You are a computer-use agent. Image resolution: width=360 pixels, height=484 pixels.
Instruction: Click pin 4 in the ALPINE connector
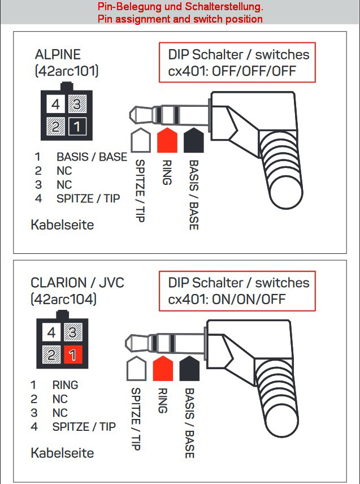pyautogui.click(x=55, y=105)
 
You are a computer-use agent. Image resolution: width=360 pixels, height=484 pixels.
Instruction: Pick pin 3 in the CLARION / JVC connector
pyautogui.click(x=73, y=332)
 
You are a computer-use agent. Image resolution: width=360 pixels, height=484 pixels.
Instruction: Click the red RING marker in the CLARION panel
pyautogui.click(x=162, y=369)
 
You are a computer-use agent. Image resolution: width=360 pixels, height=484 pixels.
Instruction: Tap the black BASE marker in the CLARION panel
pyautogui.click(x=190, y=369)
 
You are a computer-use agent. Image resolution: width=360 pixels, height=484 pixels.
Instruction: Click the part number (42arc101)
pyautogui.click(x=67, y=71)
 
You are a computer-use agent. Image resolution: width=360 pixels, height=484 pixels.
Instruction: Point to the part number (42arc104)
pyautogui.click(x=63, y=299)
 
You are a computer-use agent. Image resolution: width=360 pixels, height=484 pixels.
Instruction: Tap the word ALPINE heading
pyautogui.click(x=58, y=55)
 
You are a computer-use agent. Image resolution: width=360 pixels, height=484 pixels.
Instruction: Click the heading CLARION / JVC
pyautogui.click(x=77, y=282)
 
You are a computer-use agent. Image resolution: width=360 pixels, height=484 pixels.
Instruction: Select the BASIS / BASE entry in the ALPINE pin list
pyautogui.click(x=92, y=157)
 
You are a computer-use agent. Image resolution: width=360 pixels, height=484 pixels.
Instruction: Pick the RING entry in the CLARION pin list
pyautogui.click(x=65, y=385)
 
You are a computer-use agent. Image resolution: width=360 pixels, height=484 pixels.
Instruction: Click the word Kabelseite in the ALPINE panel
pyautogui.click(x=62, y=225)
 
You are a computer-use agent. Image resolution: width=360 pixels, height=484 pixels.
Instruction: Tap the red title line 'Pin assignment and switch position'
pyautogui.click(x=180, y=19)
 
